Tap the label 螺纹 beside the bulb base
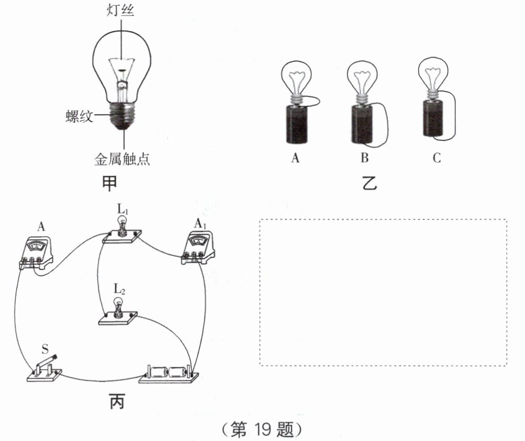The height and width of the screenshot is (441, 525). tap(79, 117)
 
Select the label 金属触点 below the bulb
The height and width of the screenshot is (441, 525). tap(122, 159)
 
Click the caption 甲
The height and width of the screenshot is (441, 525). tap(109, 184)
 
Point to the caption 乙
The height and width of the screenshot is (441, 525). tap(370, 183)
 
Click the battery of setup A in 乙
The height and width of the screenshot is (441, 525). tap(297, 124)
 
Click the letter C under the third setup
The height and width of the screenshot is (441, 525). tap(437, 157)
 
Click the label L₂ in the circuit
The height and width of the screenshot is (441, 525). tap(119, 288)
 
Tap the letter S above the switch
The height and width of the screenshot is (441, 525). tap(45, 349)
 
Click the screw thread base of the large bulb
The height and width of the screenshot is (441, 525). tap(122, 116)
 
